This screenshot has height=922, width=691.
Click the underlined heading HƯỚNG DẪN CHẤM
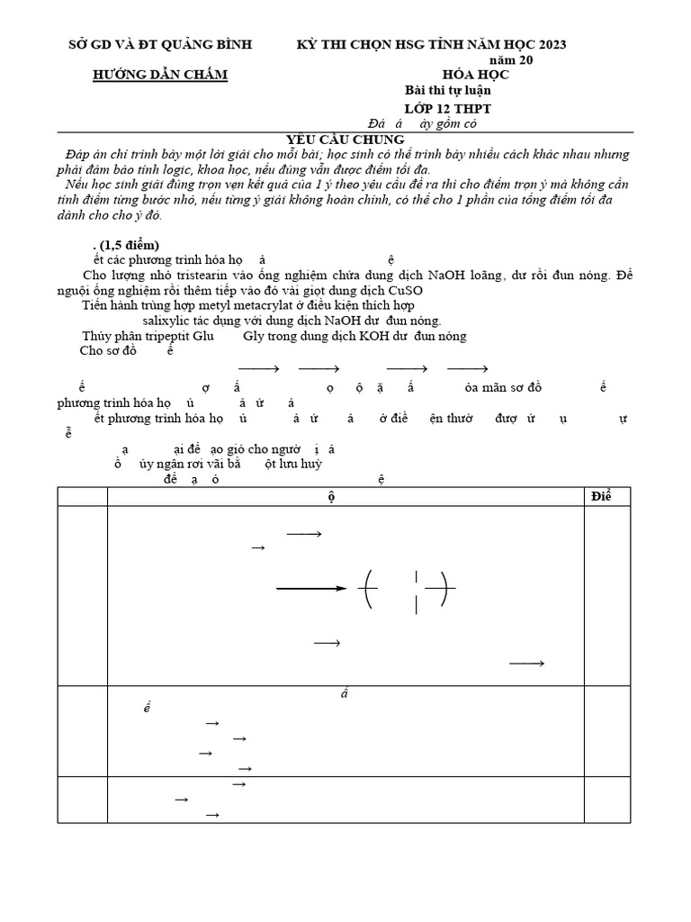pyautogui.click(x=161, y=75)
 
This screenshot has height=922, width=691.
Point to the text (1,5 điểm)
pyautogui.click(x=129, y=245)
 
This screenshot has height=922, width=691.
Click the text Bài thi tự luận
pyautogui.click(x=448, y=90)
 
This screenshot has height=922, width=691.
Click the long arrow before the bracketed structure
pyautogui.click(x=311, y=589)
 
